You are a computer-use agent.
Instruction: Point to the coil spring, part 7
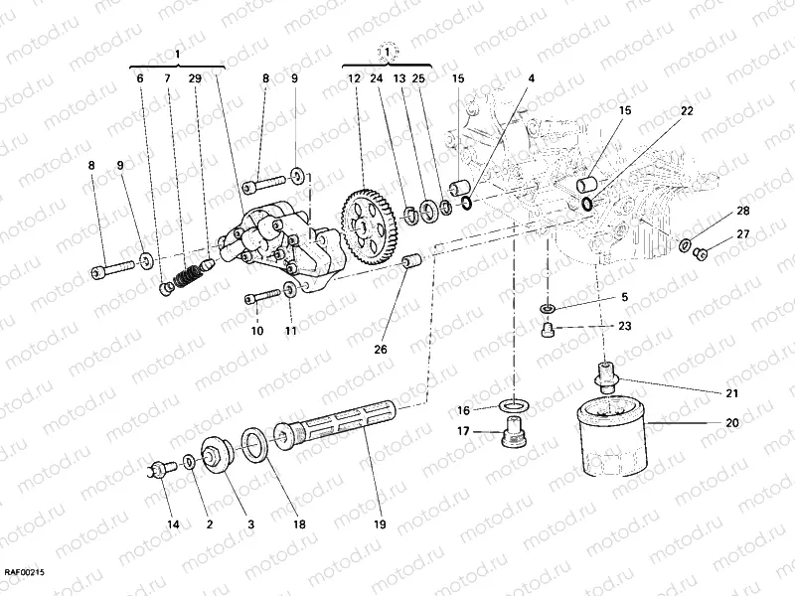[x=184, y=273]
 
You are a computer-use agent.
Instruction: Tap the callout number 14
[x=173, y=523]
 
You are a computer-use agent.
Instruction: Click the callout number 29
[x=195, y=77]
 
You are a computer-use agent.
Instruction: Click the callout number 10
[x=256, y=331]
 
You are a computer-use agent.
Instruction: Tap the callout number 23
[x=623, y=326]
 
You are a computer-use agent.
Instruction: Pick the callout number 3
[x=250, y=523]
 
